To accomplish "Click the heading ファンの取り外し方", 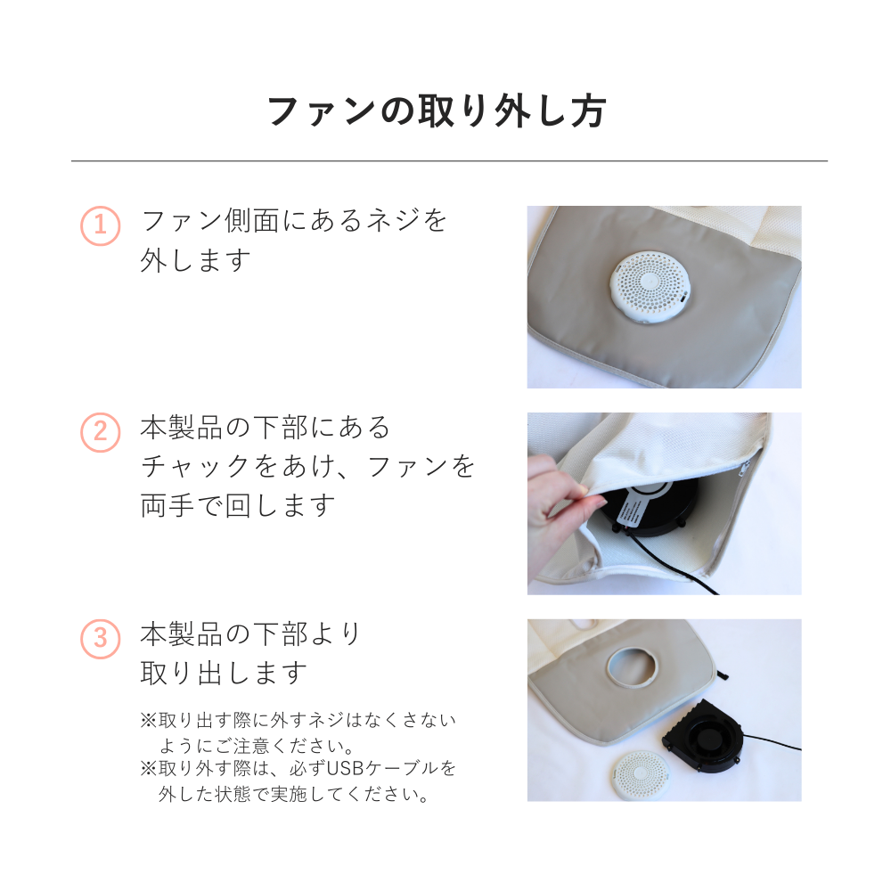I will pos(437,112).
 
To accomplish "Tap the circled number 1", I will pos(101,226).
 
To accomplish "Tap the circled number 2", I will pos(101,433).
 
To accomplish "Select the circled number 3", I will pos(101,639).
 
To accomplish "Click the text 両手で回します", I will pos(238,505).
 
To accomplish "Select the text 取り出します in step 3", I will pos(224,673).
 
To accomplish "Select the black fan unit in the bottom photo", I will pos(704,738).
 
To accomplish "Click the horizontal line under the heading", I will pos(449,161).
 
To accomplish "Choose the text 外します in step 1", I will pos(195,260).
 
